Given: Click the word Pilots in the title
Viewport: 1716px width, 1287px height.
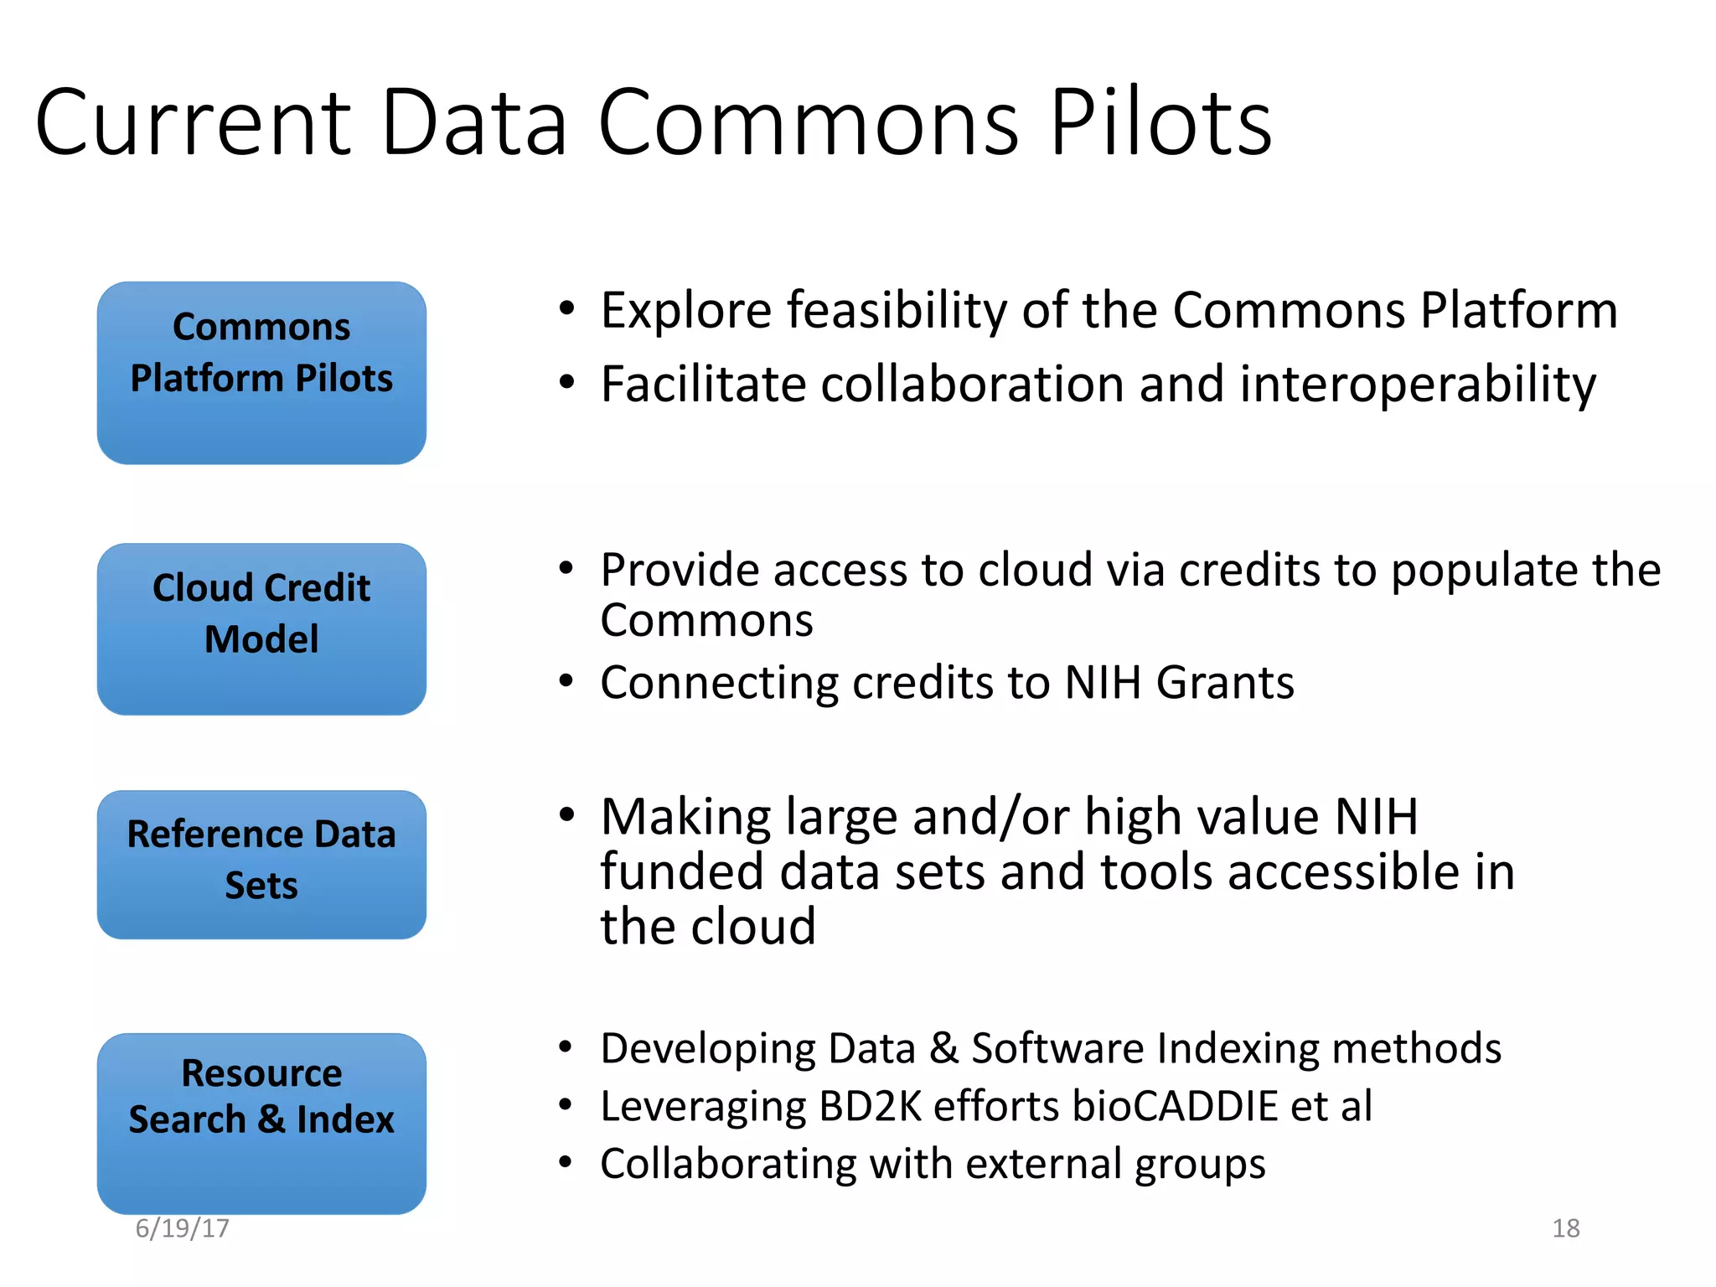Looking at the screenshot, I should [1160, 123].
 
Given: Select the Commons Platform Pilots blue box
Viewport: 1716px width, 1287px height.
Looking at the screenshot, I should [261, 373].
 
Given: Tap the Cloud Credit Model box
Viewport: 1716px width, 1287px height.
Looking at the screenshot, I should [261, 628].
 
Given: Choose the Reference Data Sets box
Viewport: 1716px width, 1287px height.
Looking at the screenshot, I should [261, 864].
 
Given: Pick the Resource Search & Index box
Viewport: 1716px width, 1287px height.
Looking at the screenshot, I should [261, 1123].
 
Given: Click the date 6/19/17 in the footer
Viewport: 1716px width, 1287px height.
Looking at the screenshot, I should [182, 1228].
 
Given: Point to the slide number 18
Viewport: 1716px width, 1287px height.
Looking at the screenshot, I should [1565, 1228].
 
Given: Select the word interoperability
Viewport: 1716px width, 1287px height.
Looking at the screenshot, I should [1418, 385].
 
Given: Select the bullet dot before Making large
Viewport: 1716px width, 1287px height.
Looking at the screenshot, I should [567, 815].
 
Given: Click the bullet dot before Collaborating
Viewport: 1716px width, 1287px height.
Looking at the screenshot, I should [567, 1163].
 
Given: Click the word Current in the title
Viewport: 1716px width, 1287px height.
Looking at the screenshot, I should [193, 123].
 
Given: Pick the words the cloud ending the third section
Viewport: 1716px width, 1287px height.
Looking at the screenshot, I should [708, 927].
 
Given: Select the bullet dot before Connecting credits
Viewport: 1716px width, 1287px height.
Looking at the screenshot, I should [567, 681].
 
